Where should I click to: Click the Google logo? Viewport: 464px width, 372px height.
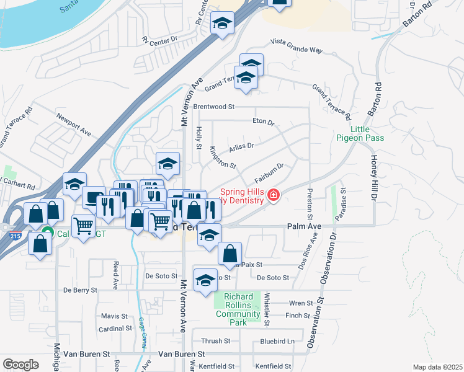(x=20, y=365)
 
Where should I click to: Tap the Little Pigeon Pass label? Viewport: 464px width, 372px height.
(x=360, y=133)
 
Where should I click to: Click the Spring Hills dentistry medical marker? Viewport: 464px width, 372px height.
(x=273, y=197)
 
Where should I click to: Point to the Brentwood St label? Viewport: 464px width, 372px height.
(x=213, y=107)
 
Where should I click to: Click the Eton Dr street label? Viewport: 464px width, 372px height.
(x=263, y=122)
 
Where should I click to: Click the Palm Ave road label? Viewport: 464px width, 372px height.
(x=304, y=227)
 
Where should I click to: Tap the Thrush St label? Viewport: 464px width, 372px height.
(x=215, y=341)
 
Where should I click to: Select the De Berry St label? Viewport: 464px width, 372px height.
(x=81, y=290)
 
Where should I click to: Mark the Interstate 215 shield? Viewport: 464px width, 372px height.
(x=14, y=236)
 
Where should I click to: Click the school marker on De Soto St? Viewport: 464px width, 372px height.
(x=205, y=280)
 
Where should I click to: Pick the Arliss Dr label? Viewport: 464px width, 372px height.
(x=241, y=146)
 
